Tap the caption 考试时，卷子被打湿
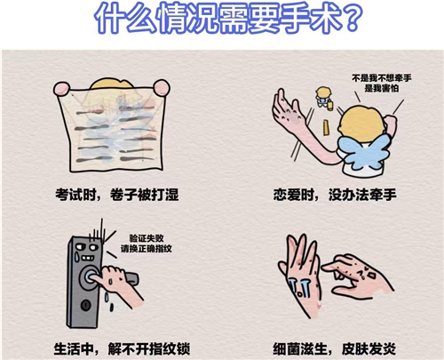[x=117, y=195]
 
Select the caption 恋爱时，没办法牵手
[x=335, y=195]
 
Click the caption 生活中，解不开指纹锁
[x=122, y=348]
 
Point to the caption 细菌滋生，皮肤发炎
[x=335, y=348]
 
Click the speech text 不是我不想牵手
[x=382, y=78]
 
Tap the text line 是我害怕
[x=382, y=88]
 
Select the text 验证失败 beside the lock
[x=147, y=238]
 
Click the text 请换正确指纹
[x=147, y=248]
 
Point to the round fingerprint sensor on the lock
[x=89, y=276]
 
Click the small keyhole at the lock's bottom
[x=86, y=305]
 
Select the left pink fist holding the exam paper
[x=61, y=89]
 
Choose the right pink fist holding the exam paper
[x=162, y=87]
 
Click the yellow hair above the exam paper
[x=111, y=84]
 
